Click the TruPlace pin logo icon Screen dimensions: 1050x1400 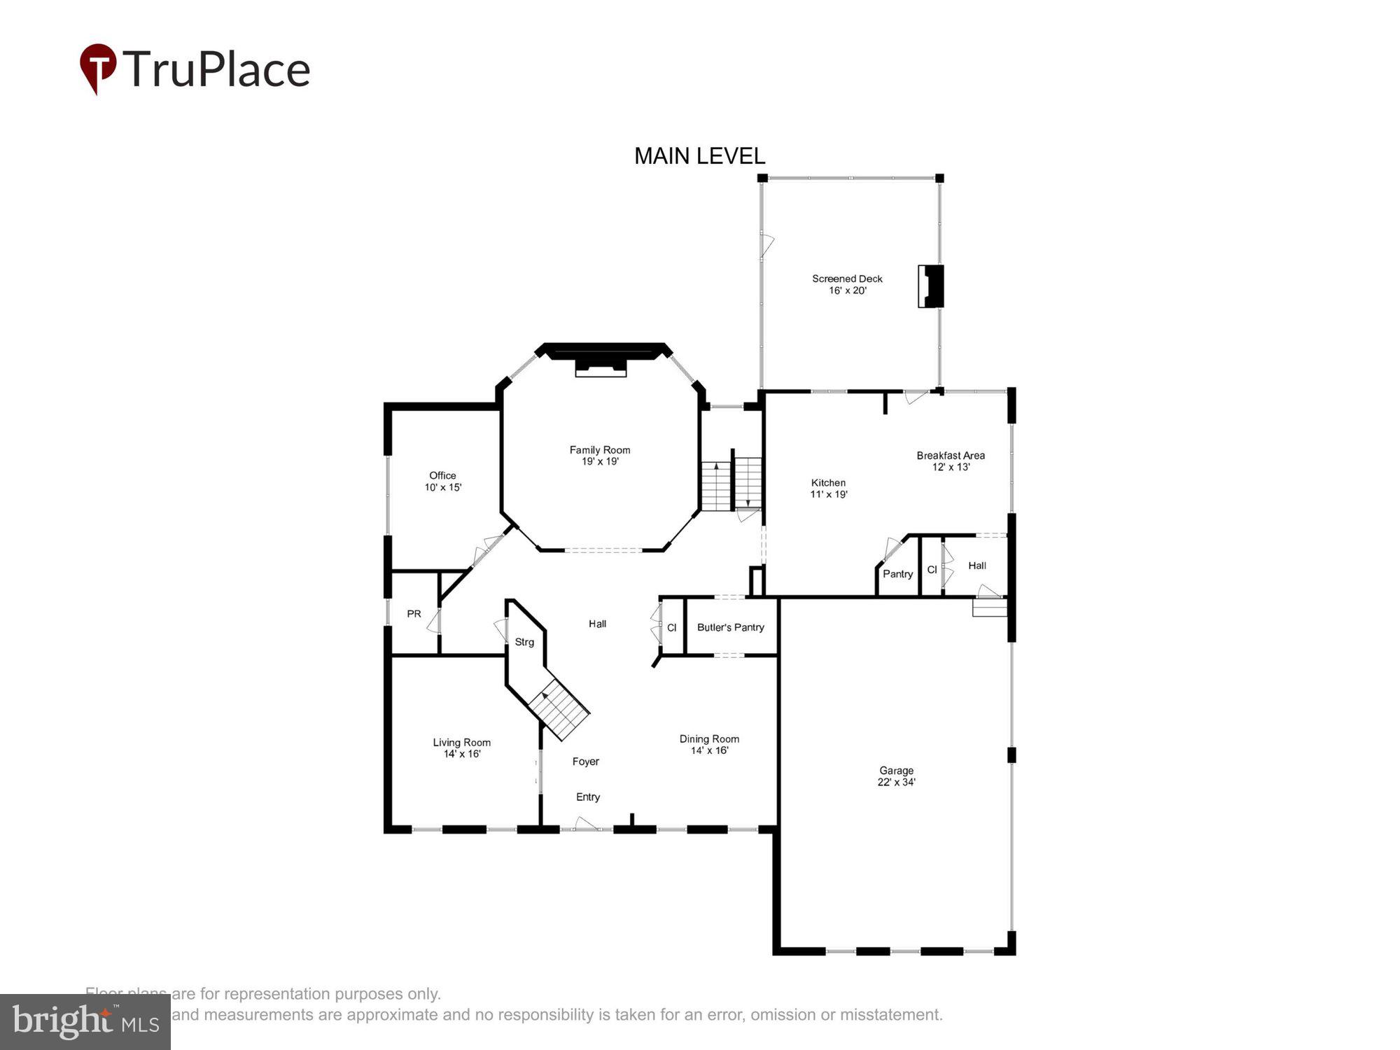coord(98,68)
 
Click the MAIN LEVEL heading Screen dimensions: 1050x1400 coord(699,156)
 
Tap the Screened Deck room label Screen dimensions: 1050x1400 coord(847,279)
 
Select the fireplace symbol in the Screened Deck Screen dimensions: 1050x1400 coord(931,286)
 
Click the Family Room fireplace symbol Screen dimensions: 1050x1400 coord(600,369)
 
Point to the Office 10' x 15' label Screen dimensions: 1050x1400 coord(442,482)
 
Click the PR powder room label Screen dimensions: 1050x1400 coord(414,614)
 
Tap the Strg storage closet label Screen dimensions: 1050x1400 coord(524,642)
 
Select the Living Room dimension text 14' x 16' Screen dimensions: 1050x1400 coord(462,755)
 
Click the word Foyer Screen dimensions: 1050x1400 coord(586,762)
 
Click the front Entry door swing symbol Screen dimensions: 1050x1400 coord(586,823)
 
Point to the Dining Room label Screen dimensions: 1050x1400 coord(709,739)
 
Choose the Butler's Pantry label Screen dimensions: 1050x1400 coord(730,627)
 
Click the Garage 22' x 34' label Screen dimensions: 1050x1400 coord(896,776)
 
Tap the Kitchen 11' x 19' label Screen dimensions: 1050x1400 coord(829,489)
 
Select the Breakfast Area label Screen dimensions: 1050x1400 coord(951,456)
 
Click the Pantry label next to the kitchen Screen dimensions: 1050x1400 coord(897,574)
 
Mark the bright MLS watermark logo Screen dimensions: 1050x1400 coord(85,1022)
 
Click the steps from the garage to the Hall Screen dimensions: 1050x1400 coord(989,608)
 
